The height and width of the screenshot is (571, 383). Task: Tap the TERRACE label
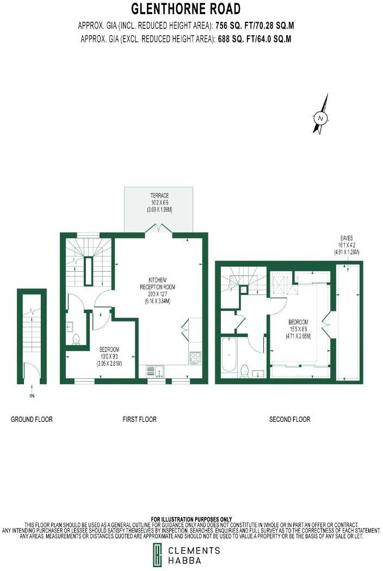point(159,195)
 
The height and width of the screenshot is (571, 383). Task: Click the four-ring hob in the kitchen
point(195,358)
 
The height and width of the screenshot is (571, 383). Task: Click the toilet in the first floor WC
point(76,339)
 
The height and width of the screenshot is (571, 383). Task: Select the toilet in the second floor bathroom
point(245,370)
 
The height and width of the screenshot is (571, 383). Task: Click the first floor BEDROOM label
point(109,349)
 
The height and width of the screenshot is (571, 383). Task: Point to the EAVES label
point(347,238)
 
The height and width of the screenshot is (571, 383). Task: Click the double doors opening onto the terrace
point(159,229)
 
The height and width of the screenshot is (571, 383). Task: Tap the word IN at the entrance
point(32,396)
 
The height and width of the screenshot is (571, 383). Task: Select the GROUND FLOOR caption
point(32,419)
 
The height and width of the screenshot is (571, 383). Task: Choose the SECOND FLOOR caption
point(289,419)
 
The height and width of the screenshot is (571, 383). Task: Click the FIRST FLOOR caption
point(139,419)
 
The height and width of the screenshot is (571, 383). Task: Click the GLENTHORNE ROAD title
point(186,9)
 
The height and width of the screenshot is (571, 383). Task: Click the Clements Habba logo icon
point(157,555)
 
